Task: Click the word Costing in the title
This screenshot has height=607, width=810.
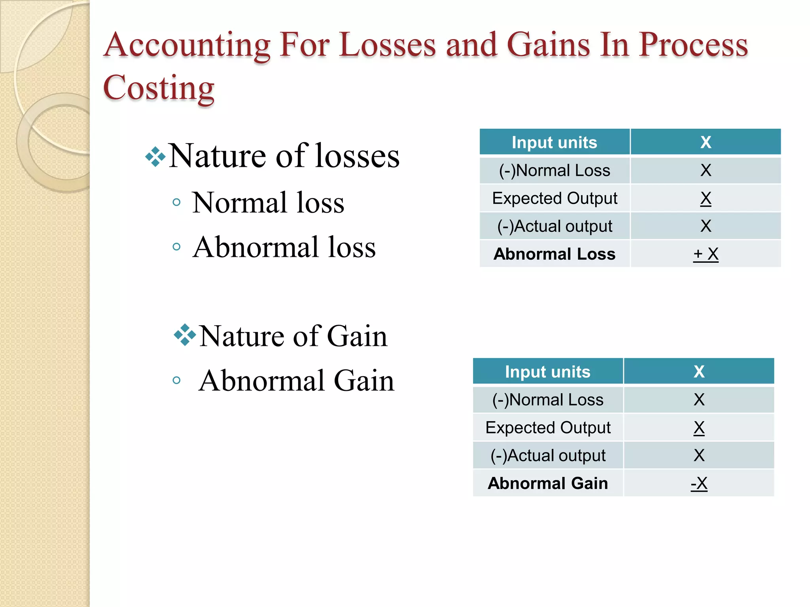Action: click(x=158, y=88)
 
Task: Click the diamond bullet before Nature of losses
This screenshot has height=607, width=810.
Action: click(x=155, y=157)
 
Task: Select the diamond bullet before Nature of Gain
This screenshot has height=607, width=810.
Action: click(x=185, y=335)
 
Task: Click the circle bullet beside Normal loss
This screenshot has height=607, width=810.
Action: click(x=177, y=203)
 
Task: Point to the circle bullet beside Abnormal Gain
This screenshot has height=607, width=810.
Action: click(x=177, y=381)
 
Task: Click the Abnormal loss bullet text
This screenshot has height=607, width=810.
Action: click(x=284, y=247)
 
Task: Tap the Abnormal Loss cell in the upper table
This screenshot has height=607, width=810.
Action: click(x=555, y=254)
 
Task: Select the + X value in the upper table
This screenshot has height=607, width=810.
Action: click(x=706, y=254)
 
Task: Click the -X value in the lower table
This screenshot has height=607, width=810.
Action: click(x=699, y=483)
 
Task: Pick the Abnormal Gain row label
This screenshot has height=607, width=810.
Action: click(x=548, y=483)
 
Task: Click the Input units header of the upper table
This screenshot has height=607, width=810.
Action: click(x=555, y=142)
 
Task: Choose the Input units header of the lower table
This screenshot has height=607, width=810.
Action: click(x=548, y=372)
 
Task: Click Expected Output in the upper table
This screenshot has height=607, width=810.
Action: click(x=555, y=198)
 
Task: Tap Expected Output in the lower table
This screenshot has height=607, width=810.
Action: click(x=548, y=428)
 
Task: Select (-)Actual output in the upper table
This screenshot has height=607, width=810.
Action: click(x=555, y=226)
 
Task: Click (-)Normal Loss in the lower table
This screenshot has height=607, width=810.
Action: click(x=548, y=400)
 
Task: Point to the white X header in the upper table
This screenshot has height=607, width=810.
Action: click(x=706, y=142)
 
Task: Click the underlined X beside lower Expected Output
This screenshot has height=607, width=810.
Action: click(x=699, y=428)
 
